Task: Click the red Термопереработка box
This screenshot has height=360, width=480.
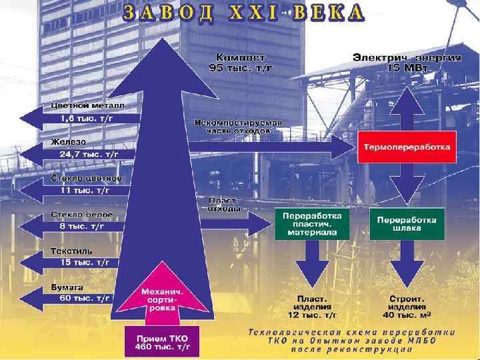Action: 406,146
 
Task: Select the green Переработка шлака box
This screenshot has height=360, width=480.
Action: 407,223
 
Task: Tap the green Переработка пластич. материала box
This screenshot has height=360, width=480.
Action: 313,224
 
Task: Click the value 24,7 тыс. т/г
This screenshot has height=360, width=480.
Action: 89,154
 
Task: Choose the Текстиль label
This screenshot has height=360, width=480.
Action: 71,251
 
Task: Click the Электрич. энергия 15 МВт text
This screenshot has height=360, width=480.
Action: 407,62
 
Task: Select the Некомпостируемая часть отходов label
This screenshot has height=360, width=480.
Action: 239,127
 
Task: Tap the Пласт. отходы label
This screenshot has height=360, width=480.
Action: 225,204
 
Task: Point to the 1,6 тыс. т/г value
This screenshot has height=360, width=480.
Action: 86,118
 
